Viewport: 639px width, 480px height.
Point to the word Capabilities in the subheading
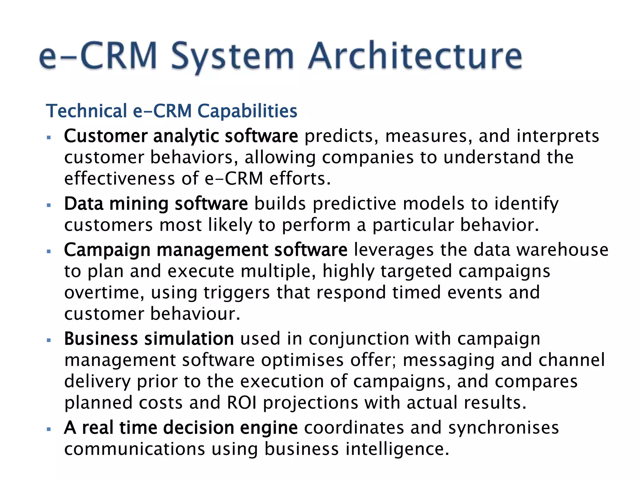[x=247, y=112]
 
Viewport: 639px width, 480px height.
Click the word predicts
[x=341, y=136]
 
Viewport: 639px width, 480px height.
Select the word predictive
[x=354, y=204]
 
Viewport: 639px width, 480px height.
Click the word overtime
[x=104, y=293]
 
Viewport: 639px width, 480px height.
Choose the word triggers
[x=237, y=293]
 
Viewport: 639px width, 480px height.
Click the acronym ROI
[x=241, y=402]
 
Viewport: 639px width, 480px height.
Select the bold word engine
[x=269, y=428]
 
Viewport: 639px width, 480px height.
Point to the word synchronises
[x=503, y=428]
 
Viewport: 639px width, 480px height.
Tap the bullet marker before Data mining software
[x=49, y=205]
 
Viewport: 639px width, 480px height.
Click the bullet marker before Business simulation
[x=49, y=340]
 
